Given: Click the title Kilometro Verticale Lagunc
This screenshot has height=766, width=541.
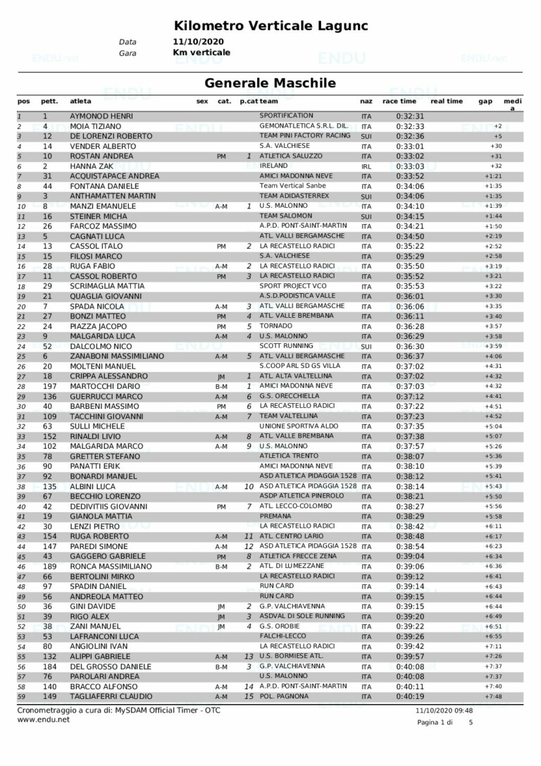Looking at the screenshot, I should click(x=271, y=26).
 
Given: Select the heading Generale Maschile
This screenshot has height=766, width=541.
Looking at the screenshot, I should click(x=270, y=83).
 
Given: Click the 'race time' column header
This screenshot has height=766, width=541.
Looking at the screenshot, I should click(x=399, y=101).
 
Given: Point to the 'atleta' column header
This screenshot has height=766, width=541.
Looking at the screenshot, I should click(x=80, y=101).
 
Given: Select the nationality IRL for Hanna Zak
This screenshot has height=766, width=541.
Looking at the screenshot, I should click(x=366, y=166).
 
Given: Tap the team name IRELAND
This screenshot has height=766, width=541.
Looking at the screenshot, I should click(x=273, y=166).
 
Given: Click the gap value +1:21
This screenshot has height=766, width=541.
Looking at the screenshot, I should click(x=492, y=176).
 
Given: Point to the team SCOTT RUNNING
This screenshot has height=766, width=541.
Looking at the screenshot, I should click(x=285, y=346).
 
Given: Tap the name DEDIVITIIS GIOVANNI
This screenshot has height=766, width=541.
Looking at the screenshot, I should click(x=108, y=506).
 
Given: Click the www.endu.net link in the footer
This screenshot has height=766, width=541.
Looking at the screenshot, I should click(x=43, y=719).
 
